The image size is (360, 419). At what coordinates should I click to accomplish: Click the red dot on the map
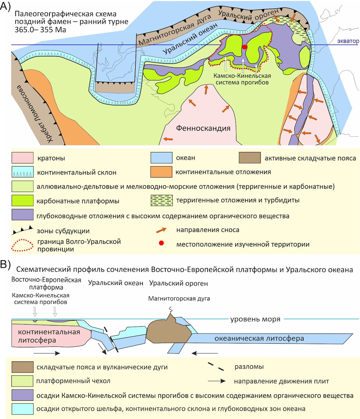point(244,47)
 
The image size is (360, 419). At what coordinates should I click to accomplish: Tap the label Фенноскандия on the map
point(203,128)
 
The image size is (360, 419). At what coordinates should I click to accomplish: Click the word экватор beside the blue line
point(348,41)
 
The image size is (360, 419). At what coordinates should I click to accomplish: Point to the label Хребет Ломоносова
point(34,114)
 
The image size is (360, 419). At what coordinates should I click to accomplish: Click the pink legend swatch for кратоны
point(22,158)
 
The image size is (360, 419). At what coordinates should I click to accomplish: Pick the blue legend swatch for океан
point(161,158)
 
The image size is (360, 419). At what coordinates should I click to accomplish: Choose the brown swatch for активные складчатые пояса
point(250,158)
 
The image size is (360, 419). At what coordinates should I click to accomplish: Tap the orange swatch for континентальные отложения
point(161,172)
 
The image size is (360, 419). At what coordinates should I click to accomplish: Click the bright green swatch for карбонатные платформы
point(22,200)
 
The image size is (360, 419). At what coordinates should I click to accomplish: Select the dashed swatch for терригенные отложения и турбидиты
point(162,200)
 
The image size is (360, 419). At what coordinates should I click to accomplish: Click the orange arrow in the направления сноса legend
point(161,230)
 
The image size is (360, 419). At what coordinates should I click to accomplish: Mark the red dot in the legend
point(161,243)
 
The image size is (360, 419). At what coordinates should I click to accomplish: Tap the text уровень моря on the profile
point(255,319)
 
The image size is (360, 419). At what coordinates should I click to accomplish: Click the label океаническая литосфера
point(259,338)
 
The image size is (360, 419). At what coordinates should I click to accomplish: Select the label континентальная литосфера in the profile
point(49,336)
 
